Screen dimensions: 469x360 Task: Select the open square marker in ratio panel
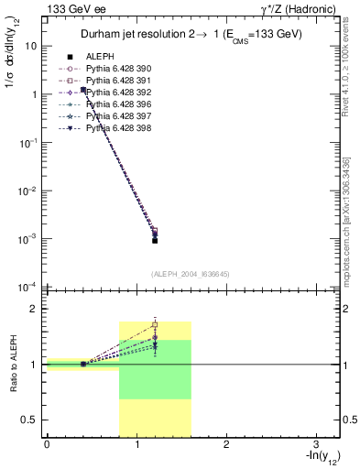[155, 324]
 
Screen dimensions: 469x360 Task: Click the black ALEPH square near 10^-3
[155, 240]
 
